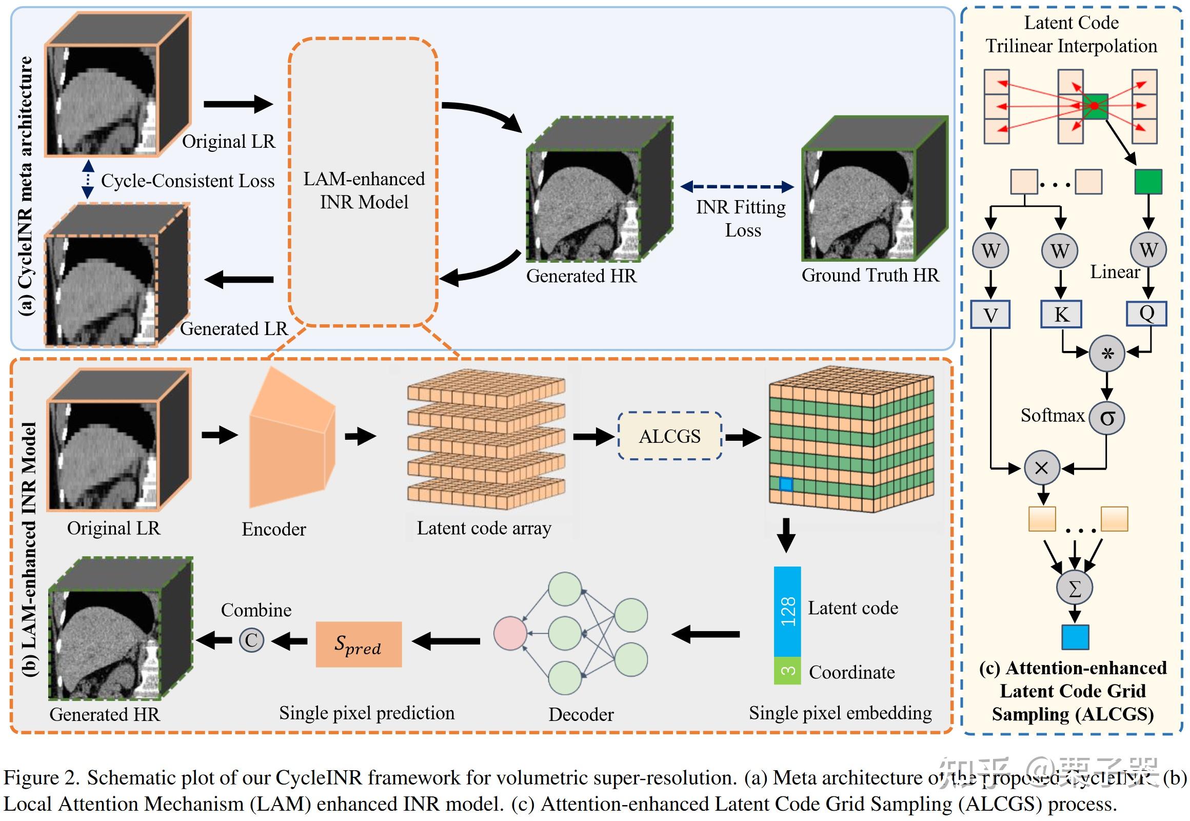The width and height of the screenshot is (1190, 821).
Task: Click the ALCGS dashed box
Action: click(669, 436)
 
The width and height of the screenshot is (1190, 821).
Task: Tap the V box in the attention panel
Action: click(990, 315)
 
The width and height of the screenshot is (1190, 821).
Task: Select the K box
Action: click(1061, 314)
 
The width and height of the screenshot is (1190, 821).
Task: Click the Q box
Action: click(1146, 313)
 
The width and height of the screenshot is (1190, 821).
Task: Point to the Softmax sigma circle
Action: click(1107, 418)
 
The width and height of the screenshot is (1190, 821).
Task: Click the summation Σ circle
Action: click(1074, 588)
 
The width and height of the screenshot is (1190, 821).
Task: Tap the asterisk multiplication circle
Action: click(1107, 353)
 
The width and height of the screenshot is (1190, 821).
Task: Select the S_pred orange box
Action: click(359, 644)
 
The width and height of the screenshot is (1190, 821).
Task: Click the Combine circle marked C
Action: click(251, 640)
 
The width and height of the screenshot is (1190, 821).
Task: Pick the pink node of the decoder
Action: click(510, 633)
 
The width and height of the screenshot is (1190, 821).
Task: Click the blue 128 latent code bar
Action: click(787, 611)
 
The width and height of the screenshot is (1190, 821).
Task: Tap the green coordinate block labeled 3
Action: click(787, 671)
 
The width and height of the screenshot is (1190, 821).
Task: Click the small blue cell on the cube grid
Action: click(785, 483)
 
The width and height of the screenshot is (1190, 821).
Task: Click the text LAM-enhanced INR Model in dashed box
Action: click(364, 190)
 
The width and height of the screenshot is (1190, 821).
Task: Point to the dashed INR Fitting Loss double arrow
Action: click(737, 187)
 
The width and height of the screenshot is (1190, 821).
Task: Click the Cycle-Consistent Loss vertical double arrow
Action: click(88, 179)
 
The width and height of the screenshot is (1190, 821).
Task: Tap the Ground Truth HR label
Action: click(870, 275)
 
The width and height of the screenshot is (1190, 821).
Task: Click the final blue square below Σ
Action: click(1075, 637)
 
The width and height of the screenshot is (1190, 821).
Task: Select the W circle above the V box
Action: click(990, 250)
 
